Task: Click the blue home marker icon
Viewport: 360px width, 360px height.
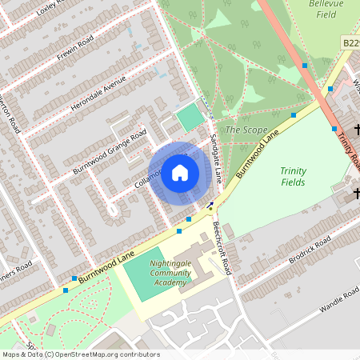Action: click(180, 173)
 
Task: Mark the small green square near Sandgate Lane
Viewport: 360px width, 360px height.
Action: click(190, 118)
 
